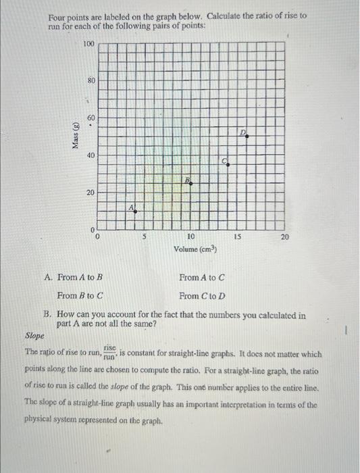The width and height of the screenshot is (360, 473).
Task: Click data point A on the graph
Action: (x=135, y=211)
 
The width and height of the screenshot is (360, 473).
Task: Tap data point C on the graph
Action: (x=228, y=164)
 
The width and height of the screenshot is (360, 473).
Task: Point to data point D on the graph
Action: (x=247, y=136)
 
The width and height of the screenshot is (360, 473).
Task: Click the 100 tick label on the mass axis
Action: (x=88, y=44)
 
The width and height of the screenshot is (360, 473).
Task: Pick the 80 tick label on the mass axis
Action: (x=91, y=80)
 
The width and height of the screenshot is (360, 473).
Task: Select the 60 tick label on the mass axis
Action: (x=91, y=118)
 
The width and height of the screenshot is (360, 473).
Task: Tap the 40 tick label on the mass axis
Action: (x=91, y=155)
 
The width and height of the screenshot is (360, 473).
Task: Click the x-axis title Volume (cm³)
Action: (x=195, y=249)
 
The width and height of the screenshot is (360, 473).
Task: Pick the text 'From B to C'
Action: (x=80, y=296)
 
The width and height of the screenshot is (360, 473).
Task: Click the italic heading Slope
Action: (x=34, y=334)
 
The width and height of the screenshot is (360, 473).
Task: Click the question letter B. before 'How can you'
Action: (x=48, y=314)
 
